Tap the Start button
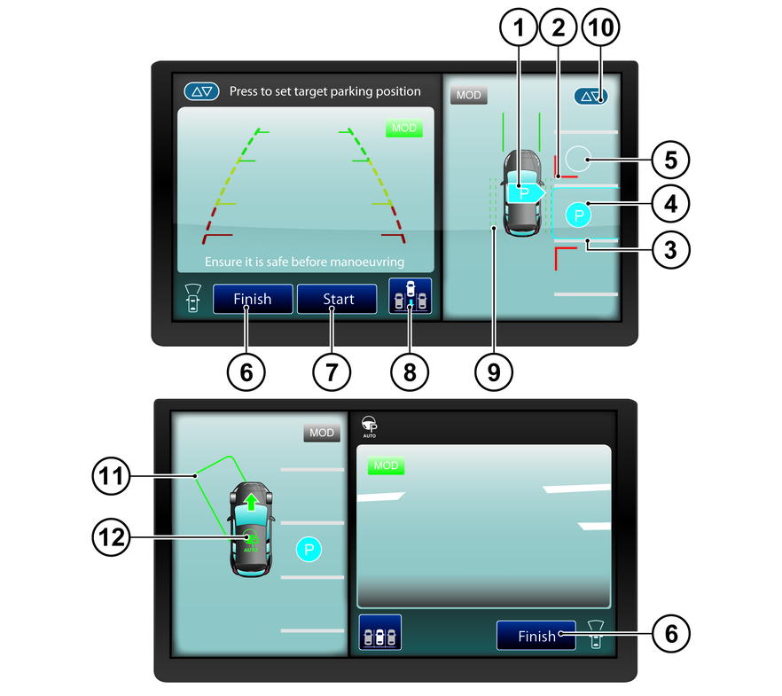337,299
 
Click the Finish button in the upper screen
253,299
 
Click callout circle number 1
519,27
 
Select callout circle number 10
600,27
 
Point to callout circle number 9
494,371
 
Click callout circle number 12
111,537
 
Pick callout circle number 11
111,475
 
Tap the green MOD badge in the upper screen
404,129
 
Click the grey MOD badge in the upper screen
469,95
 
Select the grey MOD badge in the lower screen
322,433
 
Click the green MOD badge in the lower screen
386,465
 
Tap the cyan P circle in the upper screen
578,215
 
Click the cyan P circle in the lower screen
309,550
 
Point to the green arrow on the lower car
252,502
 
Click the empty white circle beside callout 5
578,159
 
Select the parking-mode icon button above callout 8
410,296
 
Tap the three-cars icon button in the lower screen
380,632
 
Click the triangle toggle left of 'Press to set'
201,91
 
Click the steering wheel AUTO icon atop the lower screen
370,426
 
